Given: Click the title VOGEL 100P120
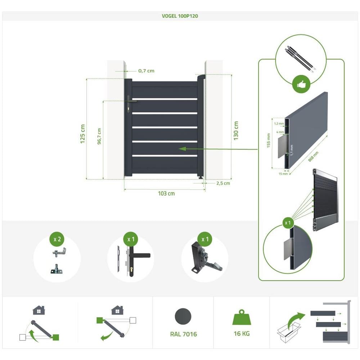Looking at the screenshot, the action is click(180, 16).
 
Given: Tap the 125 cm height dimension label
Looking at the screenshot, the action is click(83, 134).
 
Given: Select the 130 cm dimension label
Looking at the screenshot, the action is click(236, 131).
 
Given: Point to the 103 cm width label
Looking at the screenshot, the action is click(166, 193).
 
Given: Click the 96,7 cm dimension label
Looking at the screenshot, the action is click(99, 136).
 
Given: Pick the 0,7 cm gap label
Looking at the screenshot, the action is click(146, 71).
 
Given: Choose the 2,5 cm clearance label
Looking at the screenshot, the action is click(223, 183).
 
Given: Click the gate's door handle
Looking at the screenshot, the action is click(131, 100).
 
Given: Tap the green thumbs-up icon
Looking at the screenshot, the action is click(301, 85).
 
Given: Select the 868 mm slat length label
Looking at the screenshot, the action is click(313, 157).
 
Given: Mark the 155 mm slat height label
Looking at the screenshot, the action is click(269, 140).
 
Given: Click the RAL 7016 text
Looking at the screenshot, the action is click(184, 334).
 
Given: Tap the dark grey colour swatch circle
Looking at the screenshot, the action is click(183, 316).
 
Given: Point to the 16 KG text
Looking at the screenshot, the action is click(242, 333).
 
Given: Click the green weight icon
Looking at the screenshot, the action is click(242, 317).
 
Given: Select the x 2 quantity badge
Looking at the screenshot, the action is click(57, 239).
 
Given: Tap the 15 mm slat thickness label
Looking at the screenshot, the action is click(283, 174).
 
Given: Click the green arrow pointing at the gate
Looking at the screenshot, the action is click(219, 149).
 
